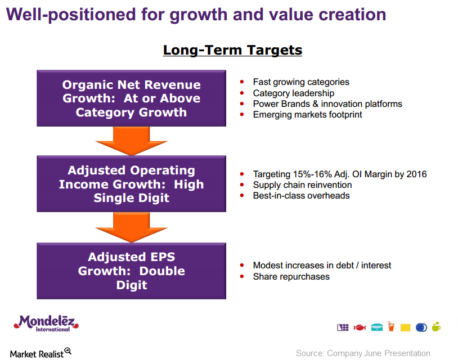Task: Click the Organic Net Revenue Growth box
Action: pos(132,98)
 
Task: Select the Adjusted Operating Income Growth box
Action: pos(132,184)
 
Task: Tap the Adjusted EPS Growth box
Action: pos(132,271)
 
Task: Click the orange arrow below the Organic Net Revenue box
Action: pos(132,141)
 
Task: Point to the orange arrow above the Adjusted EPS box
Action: pos(132,227)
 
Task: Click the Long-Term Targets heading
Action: pos(232,50)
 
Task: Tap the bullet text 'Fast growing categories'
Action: pos(301,82)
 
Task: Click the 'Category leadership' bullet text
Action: pos(294,93)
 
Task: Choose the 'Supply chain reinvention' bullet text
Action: pos(302,185)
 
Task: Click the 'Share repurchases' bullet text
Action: pos(291,277)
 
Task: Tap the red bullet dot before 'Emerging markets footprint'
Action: pos(242,115)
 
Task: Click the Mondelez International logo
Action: pos(46,323)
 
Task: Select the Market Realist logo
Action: pos(41,353)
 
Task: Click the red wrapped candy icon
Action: pos(360,327)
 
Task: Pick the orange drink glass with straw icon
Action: pos(391,326)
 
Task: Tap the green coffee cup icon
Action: pos(436,327)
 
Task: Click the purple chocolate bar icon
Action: pos(343,327)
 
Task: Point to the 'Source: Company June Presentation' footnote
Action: pos(363,353)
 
